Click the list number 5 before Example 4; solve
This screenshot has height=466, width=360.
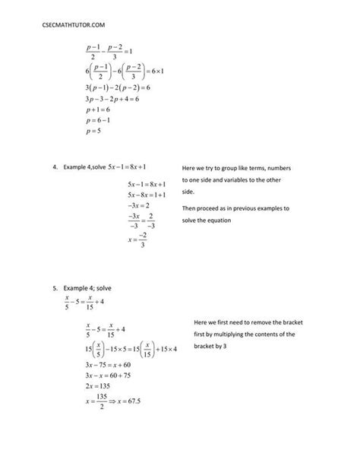55,289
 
